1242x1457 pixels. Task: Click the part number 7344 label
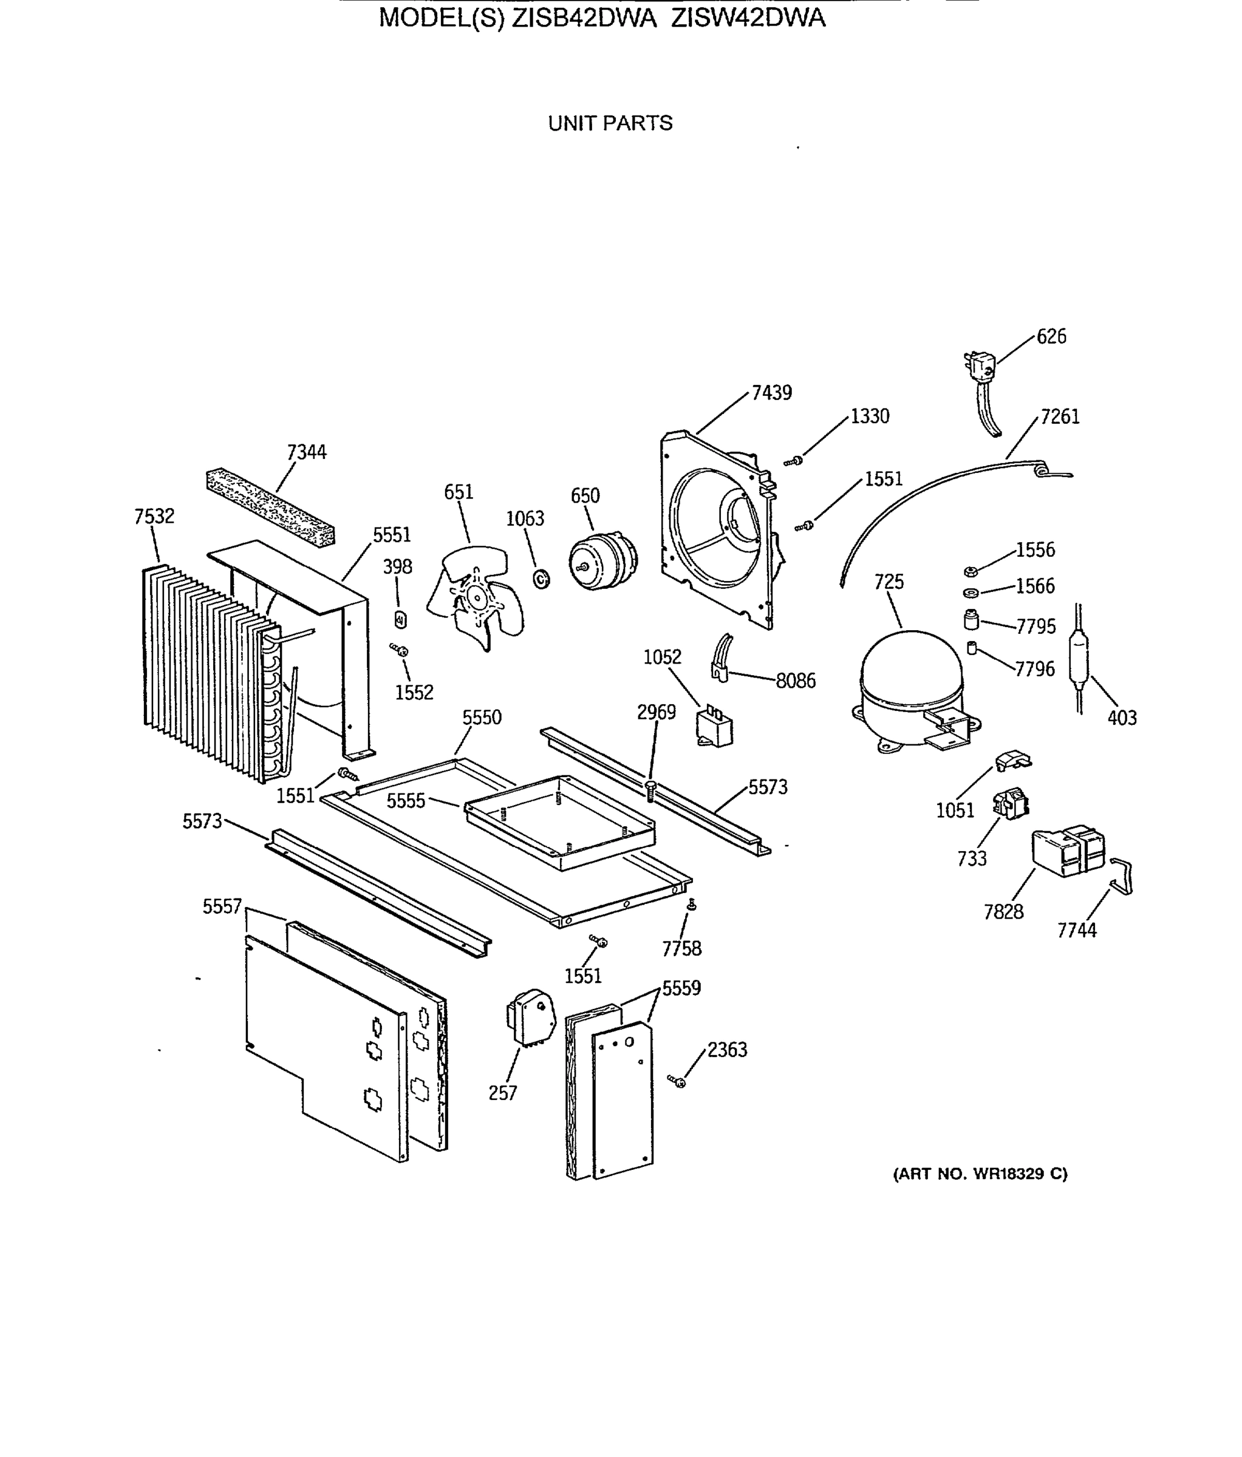tap(307, 452)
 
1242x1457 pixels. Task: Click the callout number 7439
tap(771, 393)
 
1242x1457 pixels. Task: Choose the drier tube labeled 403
tap(1077, 659)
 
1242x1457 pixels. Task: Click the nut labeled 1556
tap(970, 571)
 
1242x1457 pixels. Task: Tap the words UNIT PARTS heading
tap(610, 123)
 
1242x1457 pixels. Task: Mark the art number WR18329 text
tap(980, 1174)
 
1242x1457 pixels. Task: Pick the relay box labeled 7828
tap(1066, 852)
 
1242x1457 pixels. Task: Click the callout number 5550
tap(482, 717)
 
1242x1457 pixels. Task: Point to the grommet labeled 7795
tap(971, 620)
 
